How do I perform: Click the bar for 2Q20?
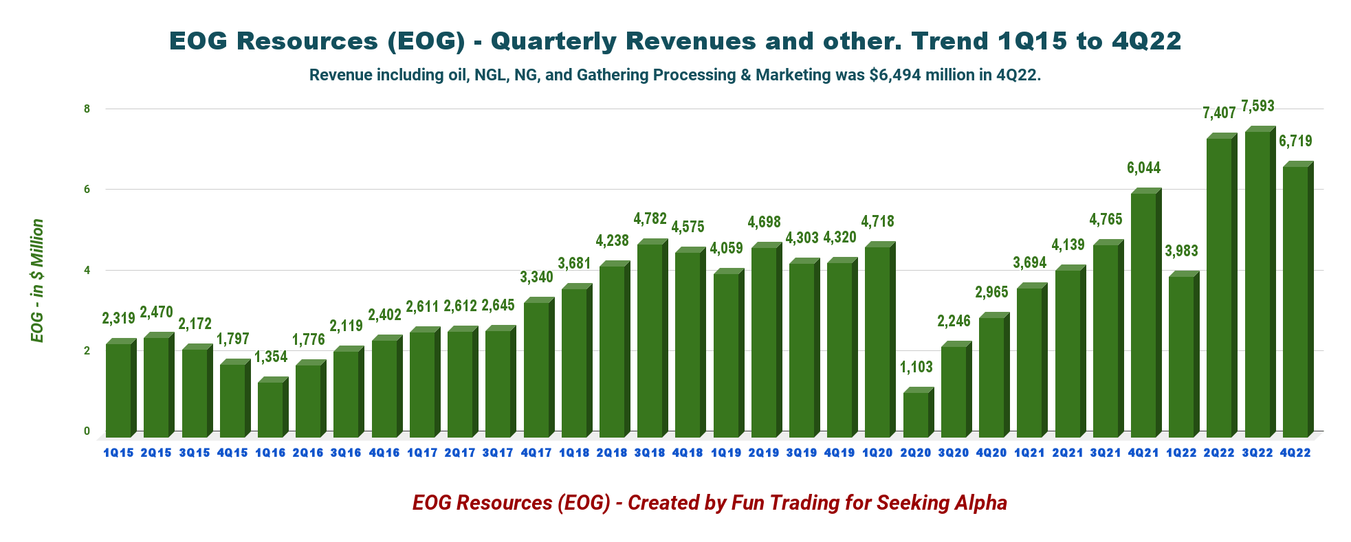916,414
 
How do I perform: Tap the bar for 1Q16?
270,409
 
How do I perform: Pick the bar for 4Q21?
1143,315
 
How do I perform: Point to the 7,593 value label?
1257,106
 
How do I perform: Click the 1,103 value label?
916,368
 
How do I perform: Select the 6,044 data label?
1143,168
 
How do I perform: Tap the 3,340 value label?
536,277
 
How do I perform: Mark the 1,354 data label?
271,357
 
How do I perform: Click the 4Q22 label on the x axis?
1295,453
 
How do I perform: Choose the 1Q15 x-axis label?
119,453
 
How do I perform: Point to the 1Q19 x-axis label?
726,453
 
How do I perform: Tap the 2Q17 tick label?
460,453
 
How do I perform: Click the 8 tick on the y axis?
87,109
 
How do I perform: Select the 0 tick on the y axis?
87,431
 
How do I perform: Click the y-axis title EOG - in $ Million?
37,281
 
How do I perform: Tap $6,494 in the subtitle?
894,75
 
